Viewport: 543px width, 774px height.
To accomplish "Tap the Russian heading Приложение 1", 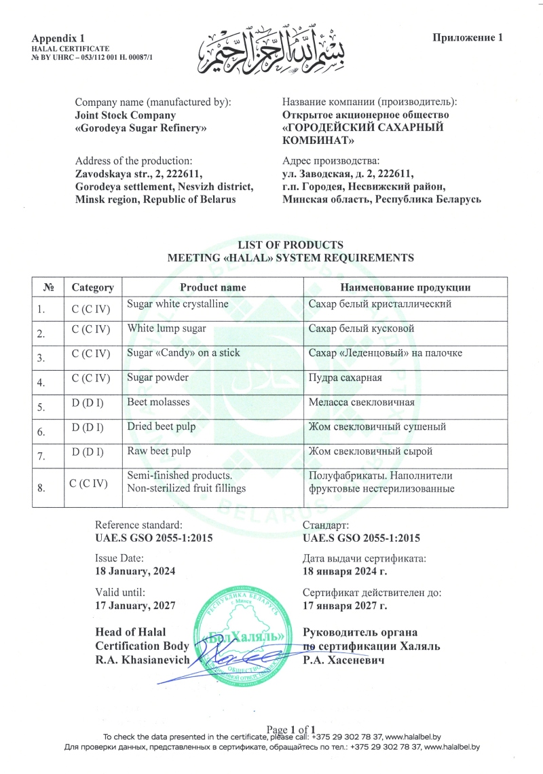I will coord(468,37).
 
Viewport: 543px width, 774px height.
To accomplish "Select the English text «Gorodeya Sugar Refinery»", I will coord(141,128).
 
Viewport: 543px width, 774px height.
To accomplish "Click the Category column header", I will coord(93,287).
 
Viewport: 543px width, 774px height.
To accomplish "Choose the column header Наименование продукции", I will coord(405,287).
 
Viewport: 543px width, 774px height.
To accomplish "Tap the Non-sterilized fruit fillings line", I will coord(187,488).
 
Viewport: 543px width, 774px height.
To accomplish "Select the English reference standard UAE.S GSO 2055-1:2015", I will coord(155,538).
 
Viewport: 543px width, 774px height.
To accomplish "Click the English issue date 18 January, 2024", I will coord(135,571).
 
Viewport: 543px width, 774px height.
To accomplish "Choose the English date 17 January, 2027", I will coord(136,605).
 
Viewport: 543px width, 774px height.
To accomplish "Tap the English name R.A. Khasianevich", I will coord(143,661).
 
